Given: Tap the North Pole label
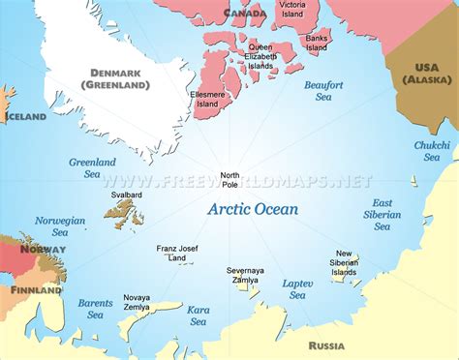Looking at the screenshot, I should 229,179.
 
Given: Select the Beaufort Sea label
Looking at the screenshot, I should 323,91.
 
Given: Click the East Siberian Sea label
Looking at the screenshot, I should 382,215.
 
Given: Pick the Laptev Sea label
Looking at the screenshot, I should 297,289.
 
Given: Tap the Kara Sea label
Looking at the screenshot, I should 199,316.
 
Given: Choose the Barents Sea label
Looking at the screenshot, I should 95,308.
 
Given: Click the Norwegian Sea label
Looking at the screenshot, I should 60,226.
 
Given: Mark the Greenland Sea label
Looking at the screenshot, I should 92,168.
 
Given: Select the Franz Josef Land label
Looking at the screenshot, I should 176,254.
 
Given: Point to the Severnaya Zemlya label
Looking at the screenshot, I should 245,274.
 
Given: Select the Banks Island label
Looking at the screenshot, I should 317,43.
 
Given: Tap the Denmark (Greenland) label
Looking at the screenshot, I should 120,78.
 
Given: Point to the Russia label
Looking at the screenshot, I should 326,345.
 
